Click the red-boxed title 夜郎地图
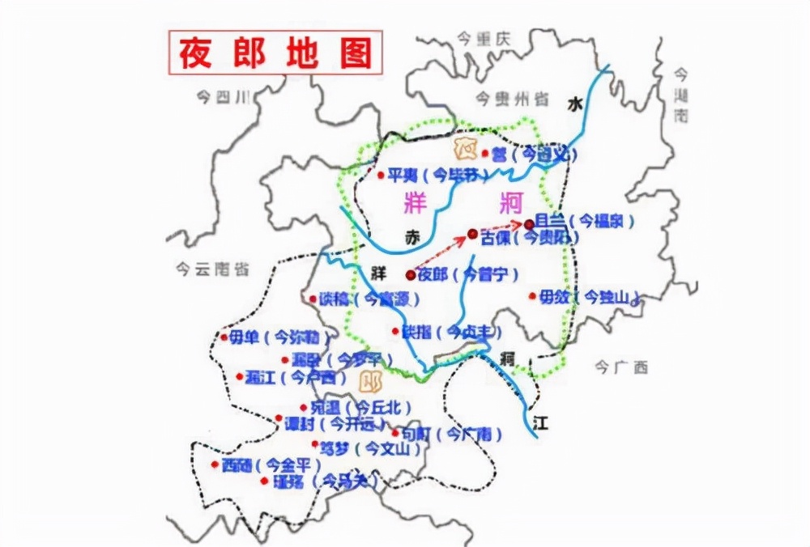275,53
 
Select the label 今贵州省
512,99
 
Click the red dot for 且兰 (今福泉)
528,223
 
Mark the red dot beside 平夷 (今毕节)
380,174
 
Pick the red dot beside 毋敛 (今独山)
532,297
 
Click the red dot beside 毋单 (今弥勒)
224,337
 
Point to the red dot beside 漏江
239,376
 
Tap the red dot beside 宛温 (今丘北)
303,407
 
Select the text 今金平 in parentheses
292,465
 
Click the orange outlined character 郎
372,380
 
